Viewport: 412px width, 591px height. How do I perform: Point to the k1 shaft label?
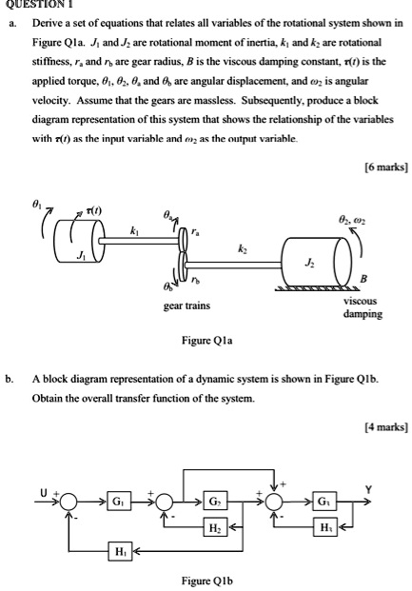pyautogui.click(x=134, y=232)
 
